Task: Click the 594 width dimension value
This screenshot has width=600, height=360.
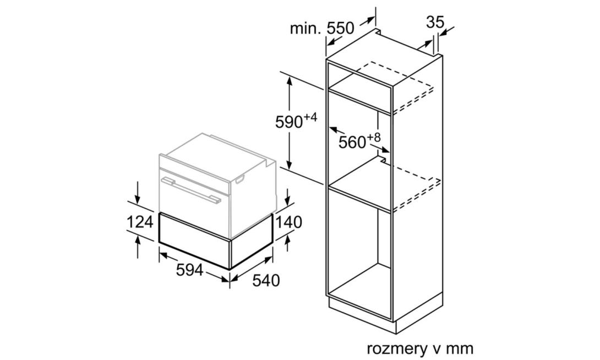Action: [189, 270]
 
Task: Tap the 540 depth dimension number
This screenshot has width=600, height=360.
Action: [266, 281]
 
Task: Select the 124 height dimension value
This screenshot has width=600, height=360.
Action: [140, 222]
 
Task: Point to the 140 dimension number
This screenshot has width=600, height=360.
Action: [288, 222]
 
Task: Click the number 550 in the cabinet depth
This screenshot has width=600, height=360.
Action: [341, 28]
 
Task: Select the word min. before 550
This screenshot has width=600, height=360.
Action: [306, 28]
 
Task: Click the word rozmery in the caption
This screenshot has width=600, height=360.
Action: [396, 348]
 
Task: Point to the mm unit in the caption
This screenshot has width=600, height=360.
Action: [460, 348]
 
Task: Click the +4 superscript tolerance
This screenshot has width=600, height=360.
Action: [310, 117]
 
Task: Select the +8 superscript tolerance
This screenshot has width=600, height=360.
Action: [374, 137]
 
